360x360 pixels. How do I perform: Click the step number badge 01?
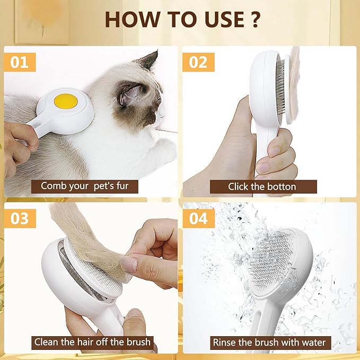[20, 62]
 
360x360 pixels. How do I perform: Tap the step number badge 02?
[198, 62]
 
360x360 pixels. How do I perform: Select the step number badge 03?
[20, 218]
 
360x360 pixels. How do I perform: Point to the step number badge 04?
[198, 218]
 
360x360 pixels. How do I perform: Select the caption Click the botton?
[262, 187]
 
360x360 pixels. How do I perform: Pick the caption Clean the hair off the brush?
[93, 342]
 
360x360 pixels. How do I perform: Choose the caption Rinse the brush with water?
[269, 342]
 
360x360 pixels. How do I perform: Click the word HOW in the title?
[131, 20]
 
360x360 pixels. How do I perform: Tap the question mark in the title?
[255, 20]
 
